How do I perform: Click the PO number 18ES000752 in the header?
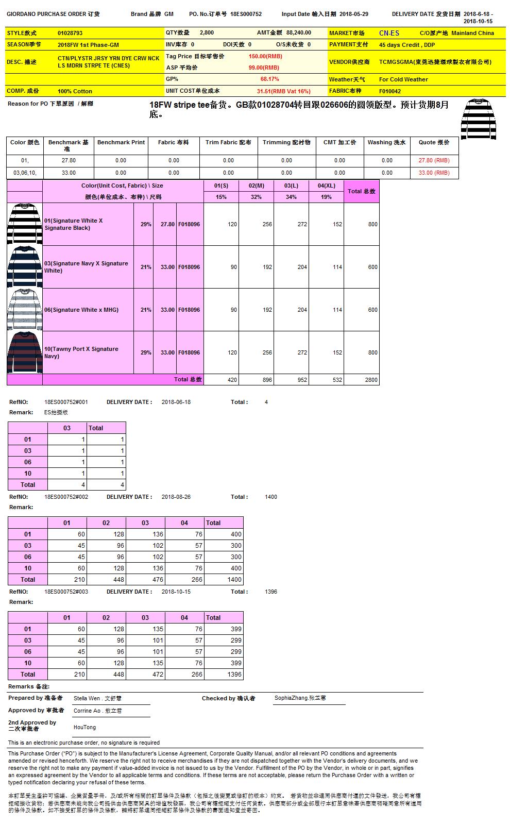coord(246,14)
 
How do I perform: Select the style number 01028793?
coord(70,33)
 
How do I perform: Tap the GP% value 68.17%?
coord(269,79)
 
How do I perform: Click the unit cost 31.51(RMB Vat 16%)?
coord(283,91)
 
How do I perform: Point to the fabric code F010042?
coord(390,91)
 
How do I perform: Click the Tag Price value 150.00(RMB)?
coord(265,56)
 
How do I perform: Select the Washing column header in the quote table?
coord(386,142)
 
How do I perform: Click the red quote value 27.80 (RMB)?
coord(434,160)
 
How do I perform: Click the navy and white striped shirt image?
coord(25,267)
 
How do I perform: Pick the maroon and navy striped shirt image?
coord(25,352)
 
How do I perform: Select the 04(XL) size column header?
coord(326,186)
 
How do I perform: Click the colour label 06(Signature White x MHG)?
coord(81,310)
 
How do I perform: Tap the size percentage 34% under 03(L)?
coord(291,197)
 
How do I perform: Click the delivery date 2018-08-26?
coord(176,497)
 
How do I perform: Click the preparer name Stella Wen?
coord(87,698)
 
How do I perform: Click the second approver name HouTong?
coord(84,727)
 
